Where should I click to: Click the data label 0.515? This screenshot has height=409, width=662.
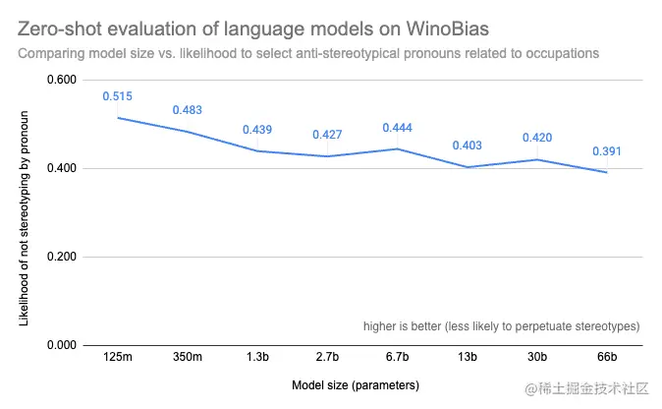tap(118, 96)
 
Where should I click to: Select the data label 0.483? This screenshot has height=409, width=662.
tap(188, 110)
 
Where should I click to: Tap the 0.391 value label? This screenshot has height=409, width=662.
tap(606, 151)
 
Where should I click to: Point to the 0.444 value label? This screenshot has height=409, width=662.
tap(397, 128)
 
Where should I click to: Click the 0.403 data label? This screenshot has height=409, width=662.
tap(467, 146)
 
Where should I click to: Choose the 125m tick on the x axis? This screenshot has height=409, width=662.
tap(118, 356)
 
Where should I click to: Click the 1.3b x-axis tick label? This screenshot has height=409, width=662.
tap(257, 356)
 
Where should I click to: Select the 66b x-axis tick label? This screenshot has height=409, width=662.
tap(606, 356)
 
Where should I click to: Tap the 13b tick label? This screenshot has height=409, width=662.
tap(467, 356)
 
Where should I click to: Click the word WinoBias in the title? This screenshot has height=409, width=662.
tap(439, 25)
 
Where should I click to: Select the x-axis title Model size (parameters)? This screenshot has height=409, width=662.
tap(357, 384)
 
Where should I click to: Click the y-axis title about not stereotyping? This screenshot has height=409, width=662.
tap(26, 212)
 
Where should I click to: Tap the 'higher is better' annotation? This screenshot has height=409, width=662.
tap(502, 325)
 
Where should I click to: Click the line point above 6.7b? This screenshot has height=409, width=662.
tap(397, 148)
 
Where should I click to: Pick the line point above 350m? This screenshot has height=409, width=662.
tap(188, 132)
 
